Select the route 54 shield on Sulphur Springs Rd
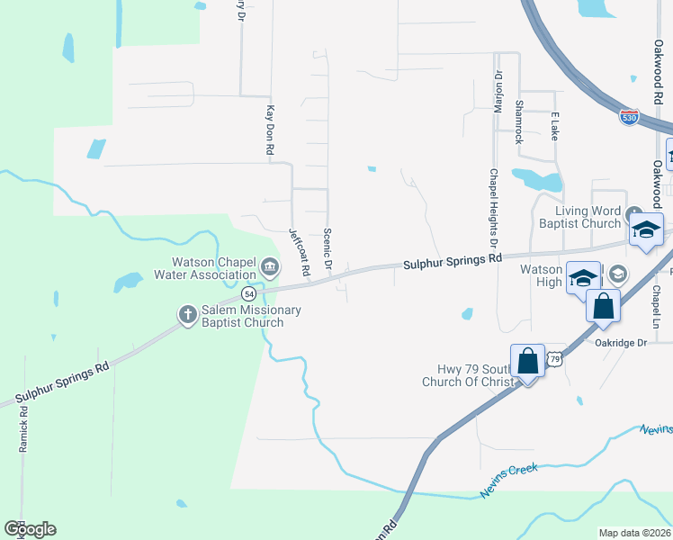pyautogui.click(x=249, y=294)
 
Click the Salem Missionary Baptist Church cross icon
pyautogui.click(x=187, y=314)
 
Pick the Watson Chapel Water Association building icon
pyautogui.click(x=269, y=267)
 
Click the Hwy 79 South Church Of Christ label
pyautogui.click(x=467, y=375)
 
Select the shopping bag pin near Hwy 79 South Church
pyautogui.click(x=527, y=362)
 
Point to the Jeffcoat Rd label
pyautogui.click(x=299, y=251)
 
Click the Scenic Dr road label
pyautogui.click(x=328, y=247)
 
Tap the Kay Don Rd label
pyautogui.click(x=268, y=132)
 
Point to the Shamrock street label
pyautogui.click(x=518, y=121)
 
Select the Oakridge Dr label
pyautogui.click(x=621, y=343)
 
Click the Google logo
pyautogui.click(x=29, y=529)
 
